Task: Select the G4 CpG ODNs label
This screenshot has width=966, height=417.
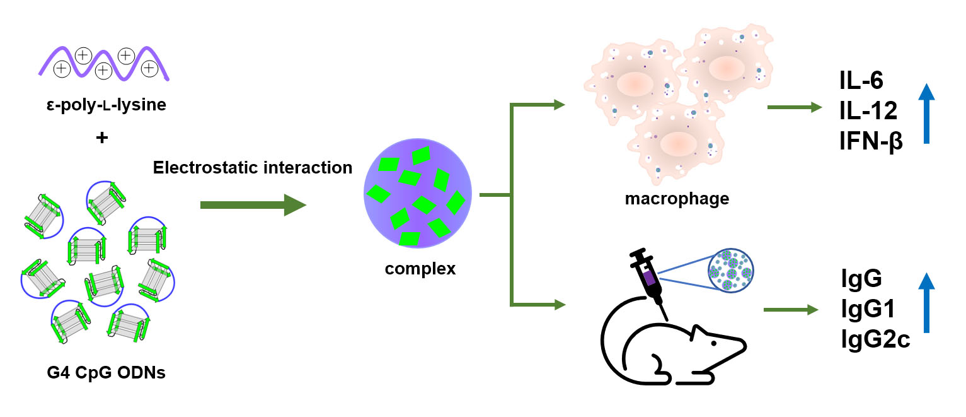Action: tap(106, 373)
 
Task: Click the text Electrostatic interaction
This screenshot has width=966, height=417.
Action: tap(252, 168)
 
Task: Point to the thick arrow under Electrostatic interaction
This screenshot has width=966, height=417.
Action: tap(252, 205)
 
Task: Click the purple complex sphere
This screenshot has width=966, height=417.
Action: tap(417, 195)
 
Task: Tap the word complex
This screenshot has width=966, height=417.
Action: tap(420, 269)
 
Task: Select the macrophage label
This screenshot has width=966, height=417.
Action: tap(677, 199)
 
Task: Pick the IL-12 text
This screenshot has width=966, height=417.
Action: tap(868, 111)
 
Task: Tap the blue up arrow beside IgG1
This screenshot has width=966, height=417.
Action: tap(926, 303)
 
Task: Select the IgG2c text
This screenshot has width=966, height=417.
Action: tap(875, 340)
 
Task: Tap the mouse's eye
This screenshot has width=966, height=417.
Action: tap(713, 343)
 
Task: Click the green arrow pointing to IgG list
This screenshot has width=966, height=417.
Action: tap(790, 310)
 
